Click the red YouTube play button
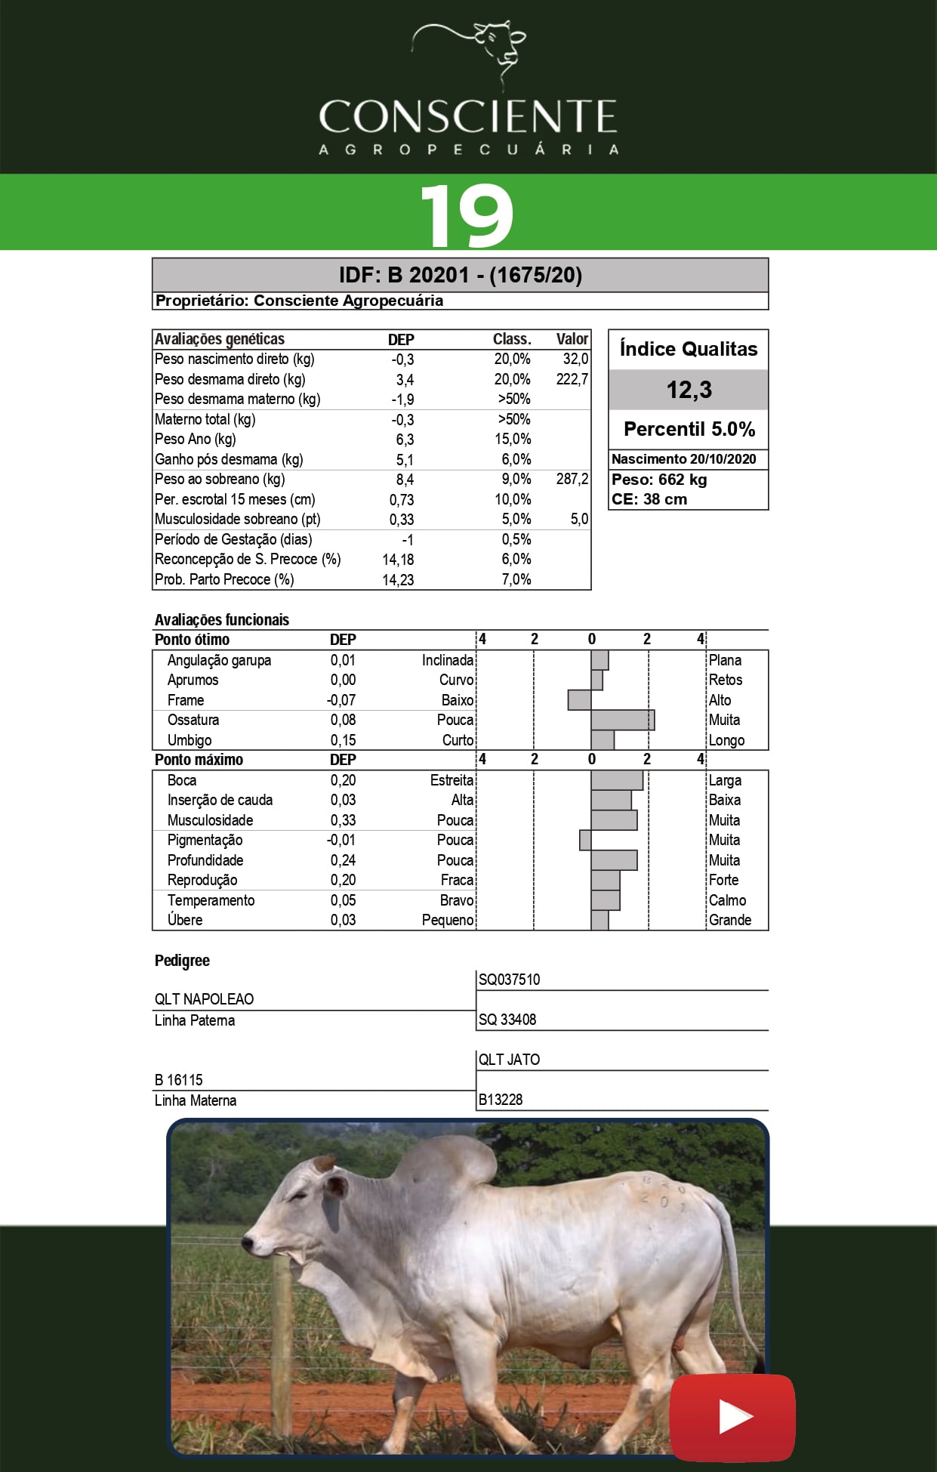[732, 1417]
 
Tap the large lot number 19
[467, 215]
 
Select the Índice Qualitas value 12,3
[689, 390]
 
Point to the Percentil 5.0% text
[689, 429]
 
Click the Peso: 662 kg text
[659, 480]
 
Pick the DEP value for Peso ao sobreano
[405, 480]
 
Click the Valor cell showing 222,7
[572, 379]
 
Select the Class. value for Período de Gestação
[516, 539]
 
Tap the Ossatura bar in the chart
[622, 720]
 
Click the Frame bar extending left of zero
[579, 700]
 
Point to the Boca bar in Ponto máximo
[617, 780]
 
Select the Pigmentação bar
[585, 840]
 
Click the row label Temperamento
[211, 900]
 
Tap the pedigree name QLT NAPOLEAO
[204, 999]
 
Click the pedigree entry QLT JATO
[509, 1060]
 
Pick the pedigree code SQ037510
[509, 980]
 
